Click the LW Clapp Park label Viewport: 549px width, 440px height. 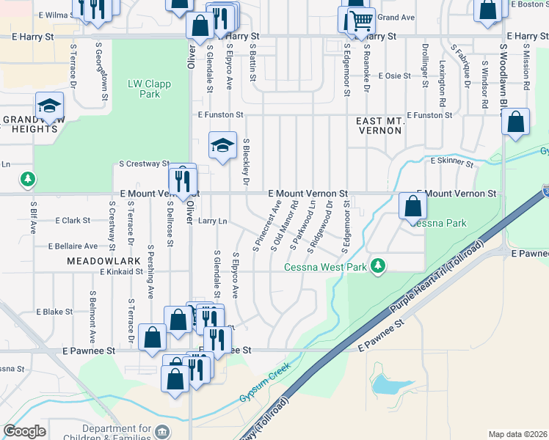coord(149,89)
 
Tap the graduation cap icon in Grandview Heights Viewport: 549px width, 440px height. coord(48,106)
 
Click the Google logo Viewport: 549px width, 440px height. coord(24,431)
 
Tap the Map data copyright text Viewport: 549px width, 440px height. coord(518,434)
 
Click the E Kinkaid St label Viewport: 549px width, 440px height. coord(121,271)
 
